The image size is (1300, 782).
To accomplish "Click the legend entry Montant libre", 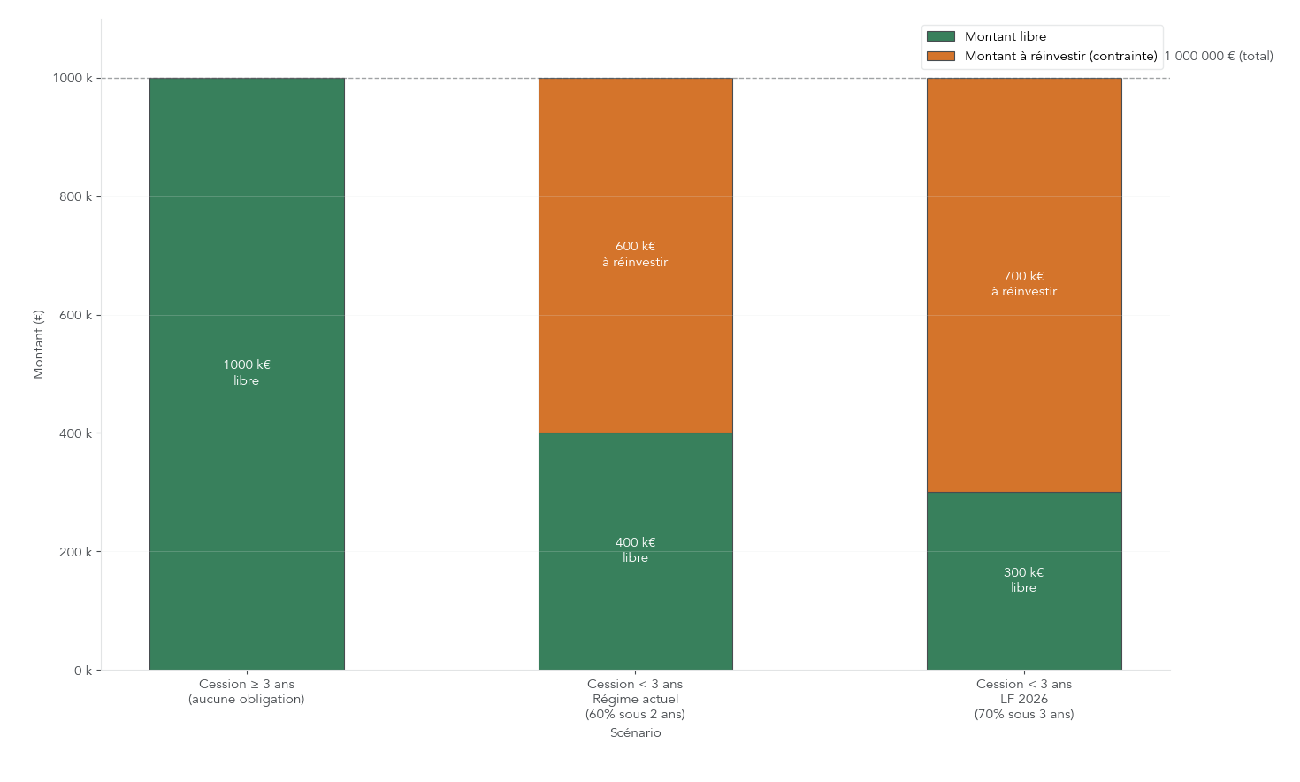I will [1005, 36].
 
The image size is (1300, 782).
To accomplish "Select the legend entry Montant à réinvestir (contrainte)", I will [1060, 56].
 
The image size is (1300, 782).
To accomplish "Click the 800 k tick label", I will [75, 196].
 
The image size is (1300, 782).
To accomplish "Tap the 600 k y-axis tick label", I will [75, 315].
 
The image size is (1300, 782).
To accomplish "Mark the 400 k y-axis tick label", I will [75, 433].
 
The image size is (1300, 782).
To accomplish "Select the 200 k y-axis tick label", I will [75, 552].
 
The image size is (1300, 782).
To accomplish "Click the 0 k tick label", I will [82, 671].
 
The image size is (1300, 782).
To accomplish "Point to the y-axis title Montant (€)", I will [38, 344].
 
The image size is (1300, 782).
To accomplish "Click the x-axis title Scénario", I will [635, 732].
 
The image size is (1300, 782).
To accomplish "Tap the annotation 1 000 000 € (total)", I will [1219, 56].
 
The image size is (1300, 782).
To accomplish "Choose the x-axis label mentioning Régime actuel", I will [635, 699].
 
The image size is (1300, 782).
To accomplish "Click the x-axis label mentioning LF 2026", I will [1023, 699].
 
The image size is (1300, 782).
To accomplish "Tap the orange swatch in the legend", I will [940, 56].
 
